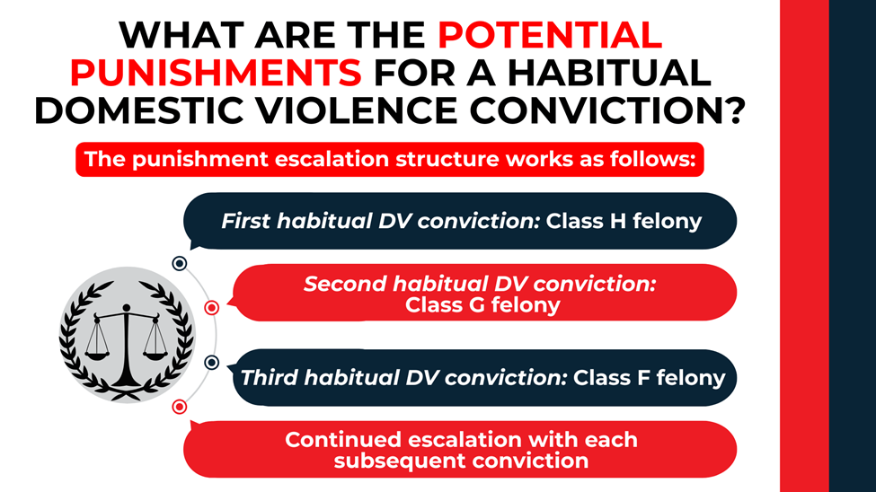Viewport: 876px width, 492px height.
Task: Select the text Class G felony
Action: coord(482,304)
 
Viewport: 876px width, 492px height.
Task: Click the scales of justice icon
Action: coord(126,334)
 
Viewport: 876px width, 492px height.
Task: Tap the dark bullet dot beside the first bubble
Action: coord(179,263)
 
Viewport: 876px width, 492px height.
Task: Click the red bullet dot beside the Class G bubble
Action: coord(212,308)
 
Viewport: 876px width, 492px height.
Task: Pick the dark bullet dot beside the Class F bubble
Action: coord(212,363)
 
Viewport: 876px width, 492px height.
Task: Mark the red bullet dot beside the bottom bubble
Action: coord(179,407)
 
